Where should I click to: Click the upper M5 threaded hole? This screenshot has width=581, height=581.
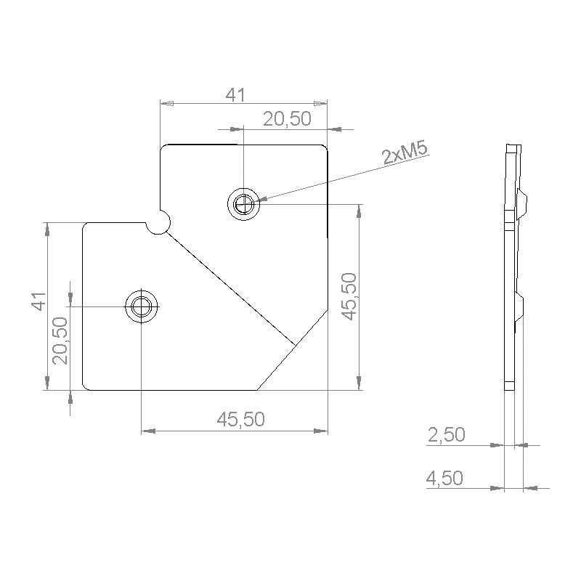244,204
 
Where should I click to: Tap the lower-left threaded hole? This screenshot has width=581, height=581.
142,306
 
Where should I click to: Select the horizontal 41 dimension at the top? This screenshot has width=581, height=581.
235,95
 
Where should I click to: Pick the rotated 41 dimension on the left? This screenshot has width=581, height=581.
38,301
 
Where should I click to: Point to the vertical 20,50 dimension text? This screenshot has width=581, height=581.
60,340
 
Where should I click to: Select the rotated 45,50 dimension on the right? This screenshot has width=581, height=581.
349,296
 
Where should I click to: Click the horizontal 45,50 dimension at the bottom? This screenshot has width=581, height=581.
241,419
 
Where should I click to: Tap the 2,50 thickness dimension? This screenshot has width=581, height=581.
446,435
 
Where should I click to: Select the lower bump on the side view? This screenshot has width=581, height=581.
521,305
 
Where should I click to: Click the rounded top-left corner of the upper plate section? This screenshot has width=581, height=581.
164,148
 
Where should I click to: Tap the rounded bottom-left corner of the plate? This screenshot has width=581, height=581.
86,386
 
